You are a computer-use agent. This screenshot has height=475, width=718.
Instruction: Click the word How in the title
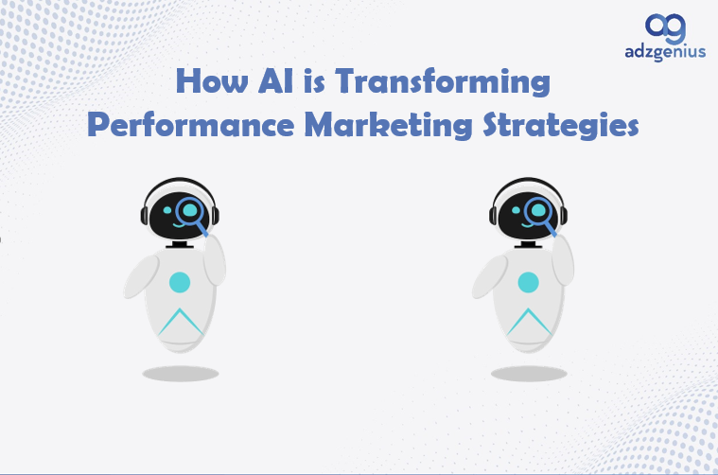[x=212, y=80]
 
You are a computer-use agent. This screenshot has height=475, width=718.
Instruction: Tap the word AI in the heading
[x=275, y=80]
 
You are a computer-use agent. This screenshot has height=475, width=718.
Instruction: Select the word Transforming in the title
[x=443, y=81]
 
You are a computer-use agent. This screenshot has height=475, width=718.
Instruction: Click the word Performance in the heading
[x=190, y=124]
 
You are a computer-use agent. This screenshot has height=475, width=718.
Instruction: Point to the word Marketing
[x=388, y=124]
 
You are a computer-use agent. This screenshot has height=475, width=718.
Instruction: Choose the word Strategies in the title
[x=561, y=124]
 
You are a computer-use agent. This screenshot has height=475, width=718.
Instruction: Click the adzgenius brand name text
[x=665, y=52]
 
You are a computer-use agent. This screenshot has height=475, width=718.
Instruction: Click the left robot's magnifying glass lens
[x=189, y=210]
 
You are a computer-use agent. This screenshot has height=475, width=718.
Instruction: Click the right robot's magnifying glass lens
[x=538, y=210]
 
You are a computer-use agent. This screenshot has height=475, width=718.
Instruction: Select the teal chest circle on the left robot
[x=180, y=282]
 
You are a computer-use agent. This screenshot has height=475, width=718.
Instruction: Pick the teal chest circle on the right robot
[x=528, y=282]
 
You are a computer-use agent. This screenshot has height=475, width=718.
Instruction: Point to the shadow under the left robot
[x=181, y=374]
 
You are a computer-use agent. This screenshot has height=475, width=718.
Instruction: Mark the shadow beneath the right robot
[x=529, y=374]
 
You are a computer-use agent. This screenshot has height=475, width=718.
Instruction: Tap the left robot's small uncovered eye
[x=167, y=210]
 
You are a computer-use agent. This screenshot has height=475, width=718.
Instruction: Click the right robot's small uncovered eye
[x=516, y=210]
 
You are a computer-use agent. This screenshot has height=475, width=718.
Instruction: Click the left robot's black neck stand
[x=180, y=244]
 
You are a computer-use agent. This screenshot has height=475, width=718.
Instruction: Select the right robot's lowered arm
[x=489, y=277]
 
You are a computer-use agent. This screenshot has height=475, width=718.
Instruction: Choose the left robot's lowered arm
[x=141, y=277]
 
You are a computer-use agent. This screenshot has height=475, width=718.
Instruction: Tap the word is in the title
[x=315, y=81]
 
